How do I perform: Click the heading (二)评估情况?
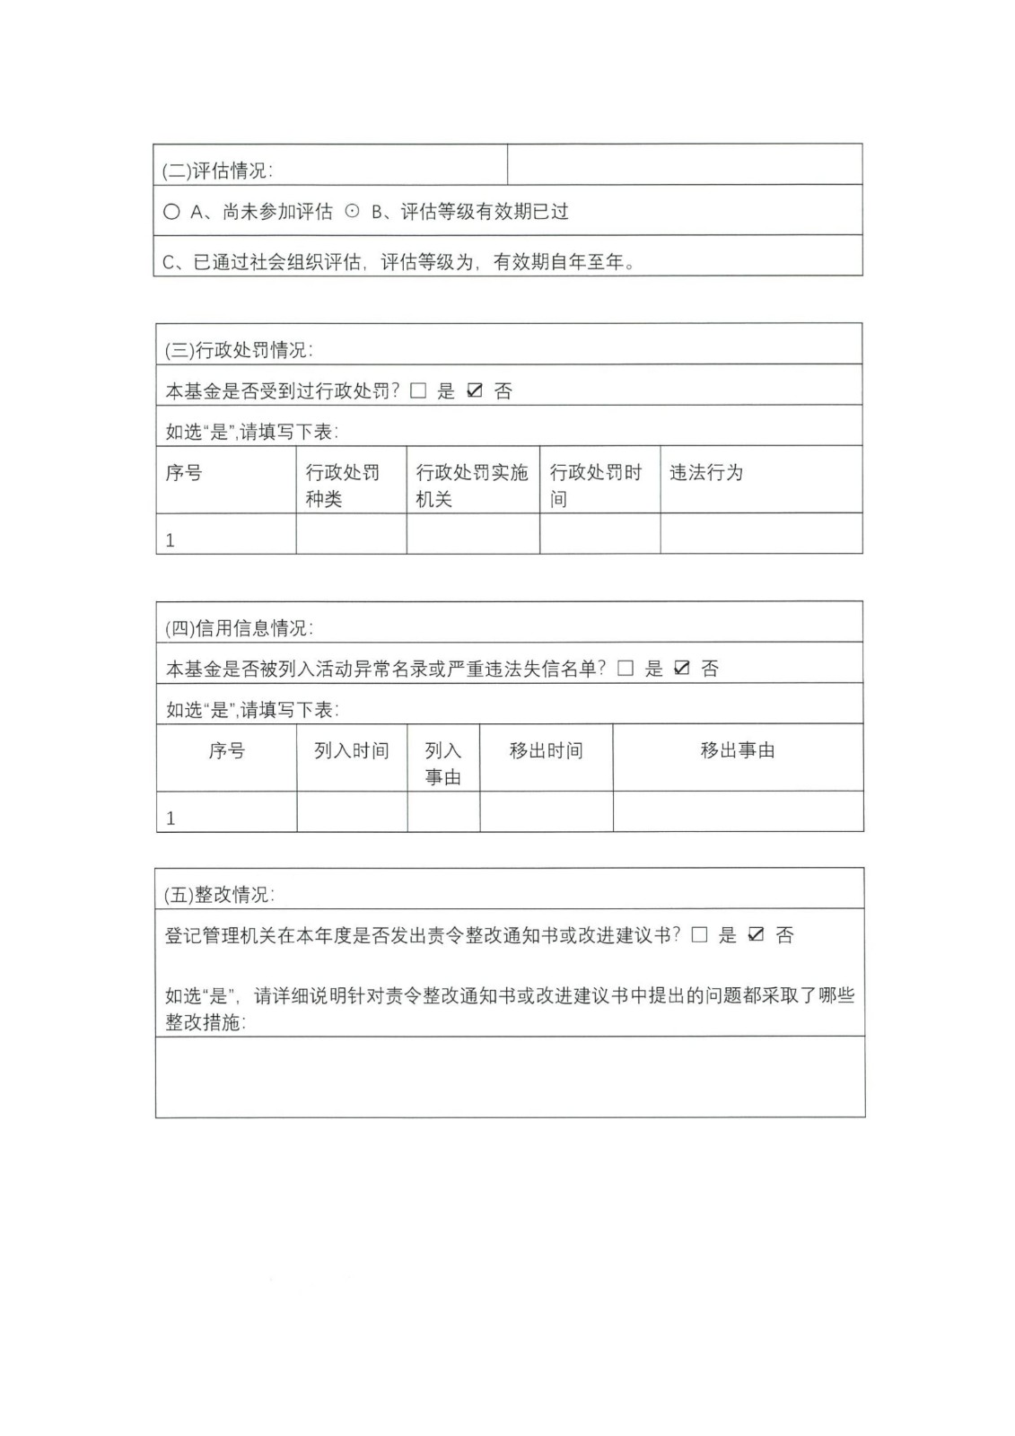tap(217, 171)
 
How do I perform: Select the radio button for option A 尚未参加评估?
tap(171, 212)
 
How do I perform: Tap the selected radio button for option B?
tap(353, 212)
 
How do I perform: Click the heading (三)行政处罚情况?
tap(239, 350)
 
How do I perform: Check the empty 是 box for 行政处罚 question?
tap(418, 391)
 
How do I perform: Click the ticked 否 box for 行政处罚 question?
tap(476, 391)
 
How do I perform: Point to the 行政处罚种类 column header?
tap(343, 485)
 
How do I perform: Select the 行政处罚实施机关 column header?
tap(472, 485)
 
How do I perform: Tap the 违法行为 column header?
tap(706, 472)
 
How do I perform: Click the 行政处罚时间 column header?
tap(596, 485)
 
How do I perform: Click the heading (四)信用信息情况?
tap(239, 628)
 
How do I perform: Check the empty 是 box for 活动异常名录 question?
tap(626, 669)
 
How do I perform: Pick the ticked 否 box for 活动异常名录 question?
tap(682, 669)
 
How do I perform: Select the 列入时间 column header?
tap(352, 750)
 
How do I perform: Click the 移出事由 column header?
tap(738, 750)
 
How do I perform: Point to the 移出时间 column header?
tap(546, 750)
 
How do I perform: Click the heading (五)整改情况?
tap(219, 895)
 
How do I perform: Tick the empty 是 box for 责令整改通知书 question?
tap(700, 935)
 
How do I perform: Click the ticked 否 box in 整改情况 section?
tap(757, 935)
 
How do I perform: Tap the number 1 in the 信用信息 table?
tap(171, 818)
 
